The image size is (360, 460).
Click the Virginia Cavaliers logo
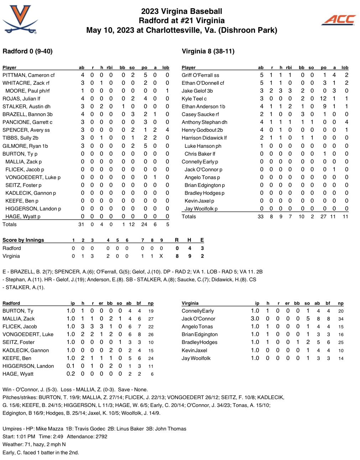click(x=20, y=20)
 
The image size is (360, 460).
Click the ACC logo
click(x=339, y=20)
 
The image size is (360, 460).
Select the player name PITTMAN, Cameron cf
click(x=28, y=75)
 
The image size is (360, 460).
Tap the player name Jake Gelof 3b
click(x=197, y=91)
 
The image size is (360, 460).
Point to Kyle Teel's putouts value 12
click(x=323, y=99)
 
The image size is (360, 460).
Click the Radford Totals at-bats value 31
click(x=82, y=224)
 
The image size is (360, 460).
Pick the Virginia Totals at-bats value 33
click(x=261, y=216)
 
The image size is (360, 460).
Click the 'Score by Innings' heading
click(x=23, y=240)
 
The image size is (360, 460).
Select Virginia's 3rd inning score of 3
click(x=92, y=256)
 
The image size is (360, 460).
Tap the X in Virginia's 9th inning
click(x=161, y=256)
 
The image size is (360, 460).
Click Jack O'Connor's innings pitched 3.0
click(x=255, y=319)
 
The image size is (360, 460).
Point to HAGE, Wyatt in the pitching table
click(x=18, y=374)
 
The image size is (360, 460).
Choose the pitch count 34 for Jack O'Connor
click(x=341, y=319)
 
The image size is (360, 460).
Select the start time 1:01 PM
click(x=26, y=437)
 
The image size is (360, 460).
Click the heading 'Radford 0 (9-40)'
click(x=27, y=51)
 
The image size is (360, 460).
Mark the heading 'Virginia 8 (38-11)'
click(x=208, y=51)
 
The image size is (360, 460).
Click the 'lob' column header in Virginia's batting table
click(x=345, y=67)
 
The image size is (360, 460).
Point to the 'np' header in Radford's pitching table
click(x=151, y=303)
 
